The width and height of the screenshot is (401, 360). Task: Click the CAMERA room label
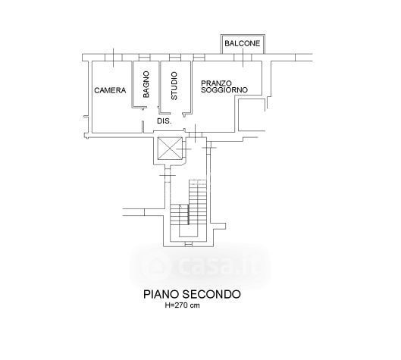(x=110, y=90)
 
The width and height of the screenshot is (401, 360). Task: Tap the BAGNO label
(x=146, y=84)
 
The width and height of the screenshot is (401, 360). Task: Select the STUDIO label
(x=174, y=86)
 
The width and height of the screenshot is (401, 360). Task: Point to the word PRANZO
(x=216, y=83)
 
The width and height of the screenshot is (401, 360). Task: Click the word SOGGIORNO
(x=224, y=90)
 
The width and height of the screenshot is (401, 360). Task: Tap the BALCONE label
(x=242, y=43)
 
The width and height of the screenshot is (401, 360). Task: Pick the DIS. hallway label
(x=164, y=121)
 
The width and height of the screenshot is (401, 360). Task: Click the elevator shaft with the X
(x=170, y=148)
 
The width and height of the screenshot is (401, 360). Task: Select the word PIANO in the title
(x=161, y=294)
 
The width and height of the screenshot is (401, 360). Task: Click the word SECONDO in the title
(x=211, y=294)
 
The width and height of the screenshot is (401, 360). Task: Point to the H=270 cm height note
(x=183, y=305)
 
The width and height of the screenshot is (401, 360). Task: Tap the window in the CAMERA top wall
(x=113, y=58)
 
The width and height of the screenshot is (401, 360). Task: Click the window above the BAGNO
(x=145, y=58)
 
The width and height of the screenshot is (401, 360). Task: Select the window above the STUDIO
(x=175, y=58)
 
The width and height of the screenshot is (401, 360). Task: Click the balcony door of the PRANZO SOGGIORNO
(x=243, y=58)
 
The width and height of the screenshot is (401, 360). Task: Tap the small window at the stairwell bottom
(x=189, y=245)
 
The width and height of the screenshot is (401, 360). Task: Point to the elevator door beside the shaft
(x=184, y=149)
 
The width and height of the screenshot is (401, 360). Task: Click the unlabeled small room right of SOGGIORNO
(x=252, y=114)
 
